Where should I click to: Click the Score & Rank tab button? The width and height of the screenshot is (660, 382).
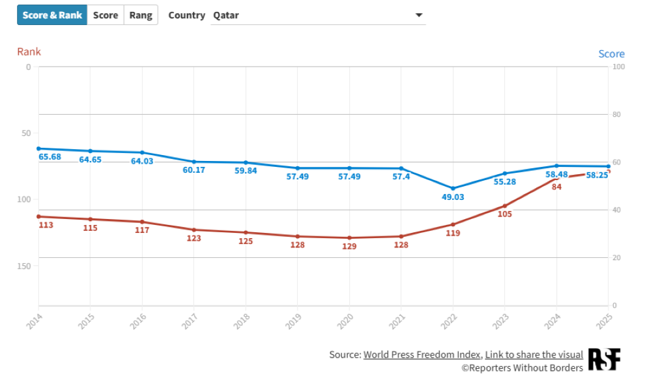[x=52, y=15]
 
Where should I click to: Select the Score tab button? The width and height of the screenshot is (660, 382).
[x=105, y=15]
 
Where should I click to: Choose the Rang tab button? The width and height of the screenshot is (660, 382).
[x=141, y=15]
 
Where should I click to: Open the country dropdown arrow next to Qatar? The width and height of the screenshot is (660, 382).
[x=418, y=15]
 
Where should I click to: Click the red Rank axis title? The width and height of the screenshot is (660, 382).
[x=29, y=51]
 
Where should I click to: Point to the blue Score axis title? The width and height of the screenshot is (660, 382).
[x=611, y=54]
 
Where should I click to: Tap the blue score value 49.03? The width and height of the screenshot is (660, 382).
[x=453, y=197]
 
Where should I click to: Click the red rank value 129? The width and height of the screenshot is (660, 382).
[x=349, y=246]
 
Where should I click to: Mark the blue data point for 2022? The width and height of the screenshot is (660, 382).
[x=453, y=188]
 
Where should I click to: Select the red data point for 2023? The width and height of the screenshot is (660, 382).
[x=505, y=206]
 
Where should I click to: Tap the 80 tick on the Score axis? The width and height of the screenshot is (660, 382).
[x=616, y=115]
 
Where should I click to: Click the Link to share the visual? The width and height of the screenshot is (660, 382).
[x=534, y=354]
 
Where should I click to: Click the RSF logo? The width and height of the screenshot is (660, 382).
[x=604, y=360]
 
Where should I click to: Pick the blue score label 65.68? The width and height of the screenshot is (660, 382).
[x=49, y=157]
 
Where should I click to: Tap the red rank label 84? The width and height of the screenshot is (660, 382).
[x=556, y=187]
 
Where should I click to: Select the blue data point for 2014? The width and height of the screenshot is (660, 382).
[x=38, y=148]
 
